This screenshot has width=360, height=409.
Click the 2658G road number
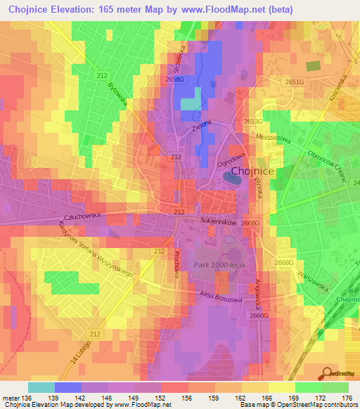tap(175, 80)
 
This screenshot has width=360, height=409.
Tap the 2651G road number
tap(295, 82)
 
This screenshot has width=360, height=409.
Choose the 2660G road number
tap(259, 316)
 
